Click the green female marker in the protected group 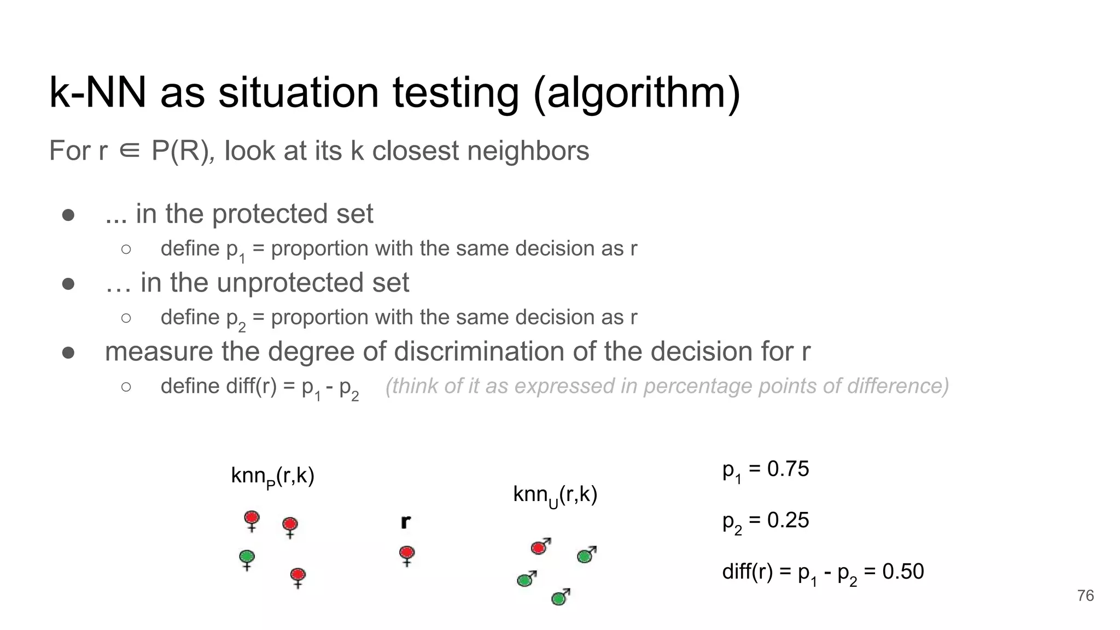tap(247, 558)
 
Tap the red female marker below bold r tap(407, 553)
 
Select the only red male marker tap(539, 547)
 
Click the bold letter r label tap(405, 522)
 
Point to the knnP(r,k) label tap(272, 477)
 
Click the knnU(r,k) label tap(555, 495)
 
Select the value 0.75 tap(787, 469)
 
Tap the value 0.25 tap(787, 520)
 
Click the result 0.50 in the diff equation tap(903, 571)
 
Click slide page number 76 tap(1085, 596)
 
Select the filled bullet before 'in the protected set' tap(68, 215)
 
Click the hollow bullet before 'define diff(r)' tap(126, 387)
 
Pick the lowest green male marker tap(559, 598)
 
